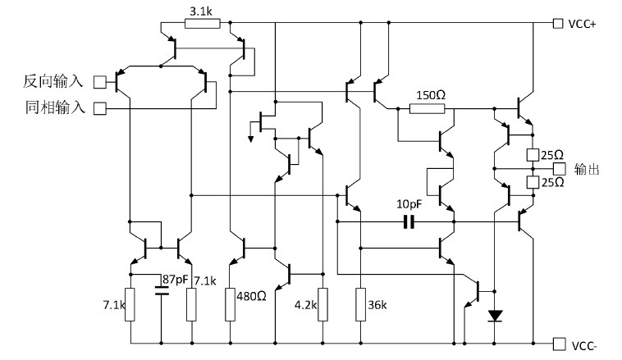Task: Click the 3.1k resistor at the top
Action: click(202, 23)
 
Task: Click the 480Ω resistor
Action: click(231, 304)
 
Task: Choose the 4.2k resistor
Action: click(323, 304)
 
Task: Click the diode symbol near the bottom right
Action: click(494, 315)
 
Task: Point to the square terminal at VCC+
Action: click(559, 24)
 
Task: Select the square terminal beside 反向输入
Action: click(101, 81)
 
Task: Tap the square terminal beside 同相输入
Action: click(101, 107)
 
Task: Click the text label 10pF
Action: click(409, 203)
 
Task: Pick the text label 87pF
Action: click(176, 280)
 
